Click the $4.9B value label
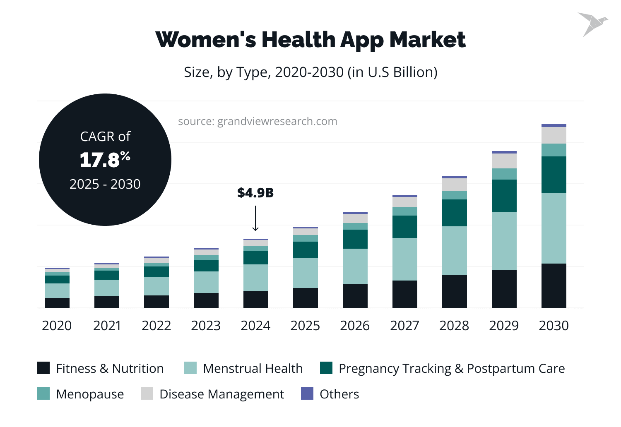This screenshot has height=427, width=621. [255, 193]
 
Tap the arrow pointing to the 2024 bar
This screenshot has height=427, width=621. [255, 218]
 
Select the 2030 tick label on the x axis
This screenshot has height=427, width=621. [554, 326]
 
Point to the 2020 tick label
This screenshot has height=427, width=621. [57, 326]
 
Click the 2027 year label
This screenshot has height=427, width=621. [404, 326]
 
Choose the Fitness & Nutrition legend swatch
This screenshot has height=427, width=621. [43, 368]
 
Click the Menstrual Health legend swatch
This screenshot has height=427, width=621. [190, 368]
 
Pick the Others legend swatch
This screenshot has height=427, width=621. [307, 393]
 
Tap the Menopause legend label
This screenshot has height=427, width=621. [90, 394]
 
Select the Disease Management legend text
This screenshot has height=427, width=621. [221, 394]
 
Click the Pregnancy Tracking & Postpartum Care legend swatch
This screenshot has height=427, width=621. [326, 368]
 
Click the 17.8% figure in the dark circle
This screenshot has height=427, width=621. [105, 160]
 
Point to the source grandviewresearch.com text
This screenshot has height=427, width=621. [258, 121]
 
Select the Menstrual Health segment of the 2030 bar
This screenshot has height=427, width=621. [554, 228]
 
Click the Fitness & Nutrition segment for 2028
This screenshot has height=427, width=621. [455, 291]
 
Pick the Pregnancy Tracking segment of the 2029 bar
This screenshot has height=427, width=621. [504, 196]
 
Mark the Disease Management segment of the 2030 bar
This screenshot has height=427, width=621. [554, 135]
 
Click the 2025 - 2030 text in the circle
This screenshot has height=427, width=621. [105, 184]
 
